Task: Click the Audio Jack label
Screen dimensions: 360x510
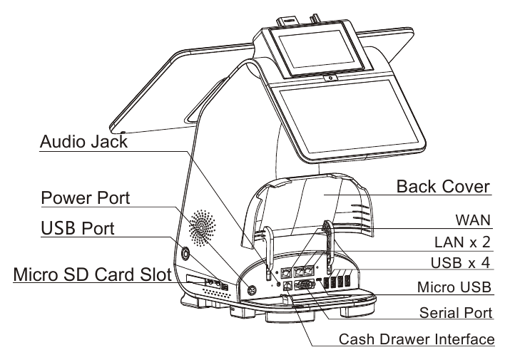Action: [84, 142]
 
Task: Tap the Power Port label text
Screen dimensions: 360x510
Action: [86, 197]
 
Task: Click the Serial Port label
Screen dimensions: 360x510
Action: [456, 313]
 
